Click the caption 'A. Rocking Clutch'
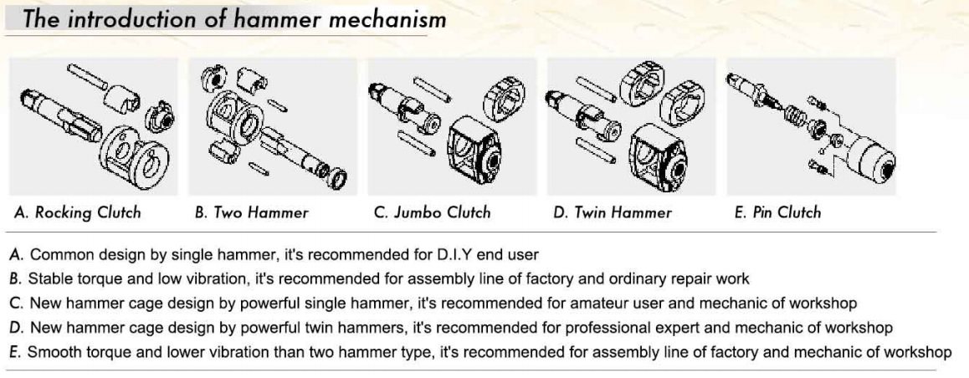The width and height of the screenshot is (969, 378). click(x=78, y=212)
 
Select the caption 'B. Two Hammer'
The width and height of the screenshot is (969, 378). click(x=252, y=212)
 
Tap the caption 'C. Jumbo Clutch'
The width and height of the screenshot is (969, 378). click(x=432, y=212)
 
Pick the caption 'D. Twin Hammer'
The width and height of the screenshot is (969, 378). click(x=613, y=212)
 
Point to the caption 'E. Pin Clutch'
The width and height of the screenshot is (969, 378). click(x=777, y=212)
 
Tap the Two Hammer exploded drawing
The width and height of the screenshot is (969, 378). click(x=272, y=125)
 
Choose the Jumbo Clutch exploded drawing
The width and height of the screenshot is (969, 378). click(x=452, y=125)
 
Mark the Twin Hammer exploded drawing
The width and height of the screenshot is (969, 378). click(x=632, y=125)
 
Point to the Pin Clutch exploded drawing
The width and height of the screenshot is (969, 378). click(x=810, y=125)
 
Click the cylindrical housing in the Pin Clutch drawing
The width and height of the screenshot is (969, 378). click(x=866, y=159)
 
